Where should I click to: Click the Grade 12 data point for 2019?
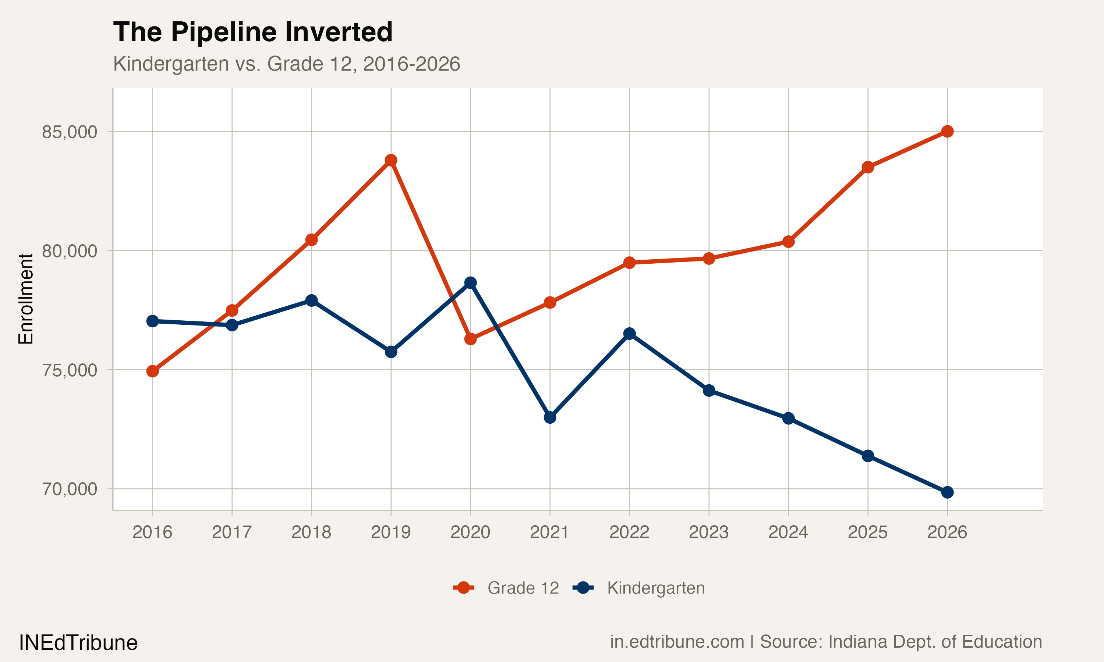click(x=391, y=160)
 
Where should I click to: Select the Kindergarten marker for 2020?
click(x=470, y=282)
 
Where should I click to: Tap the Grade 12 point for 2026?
click(x=947, y=131)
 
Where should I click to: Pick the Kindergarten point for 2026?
click(x=947, y=492)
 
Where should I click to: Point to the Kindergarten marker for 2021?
click(x=550, y=417)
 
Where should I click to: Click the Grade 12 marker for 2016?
click(x=153, y=371)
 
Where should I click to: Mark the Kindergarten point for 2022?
click(x=630, y=334)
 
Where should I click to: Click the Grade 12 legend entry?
click(x=506, y=588)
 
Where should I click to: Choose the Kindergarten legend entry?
click(x=639, y=588)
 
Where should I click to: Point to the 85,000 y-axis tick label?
click(x=70, y=132)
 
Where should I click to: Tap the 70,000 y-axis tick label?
click(x=70, y=489)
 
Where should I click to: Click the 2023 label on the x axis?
click(x=709, y=532)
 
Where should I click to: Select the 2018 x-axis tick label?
click(x=311, y=532)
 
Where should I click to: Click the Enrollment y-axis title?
click(x=26, y=299)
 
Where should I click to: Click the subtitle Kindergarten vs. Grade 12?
click(x=286, y=64)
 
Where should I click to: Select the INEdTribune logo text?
click(x=78, y=643)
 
